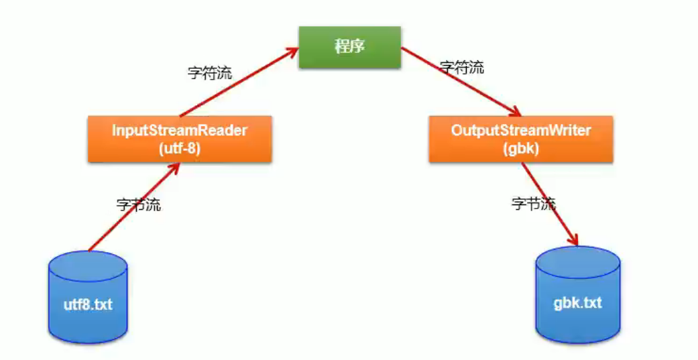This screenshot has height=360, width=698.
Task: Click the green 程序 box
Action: pyautogui.click(x=349, y=47)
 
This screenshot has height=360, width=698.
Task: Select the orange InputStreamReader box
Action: pyautogui.click(x=179, y=139)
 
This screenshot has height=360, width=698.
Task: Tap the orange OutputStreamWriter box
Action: pyautogui.click(x=520, y=139)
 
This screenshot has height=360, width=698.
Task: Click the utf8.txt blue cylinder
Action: pyautogui.click(x=88, y=297)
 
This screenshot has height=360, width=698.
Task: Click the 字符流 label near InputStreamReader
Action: pyautogui.click(x=210, y=73)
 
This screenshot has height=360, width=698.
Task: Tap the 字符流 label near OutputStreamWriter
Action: pyautogui.click(x=461, y=67)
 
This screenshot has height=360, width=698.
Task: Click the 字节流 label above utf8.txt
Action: pyautogui.click(x=139, y=205)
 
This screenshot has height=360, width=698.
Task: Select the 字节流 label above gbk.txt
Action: pyautogui.click(x=534, y=204)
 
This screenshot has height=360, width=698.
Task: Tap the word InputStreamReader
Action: pyautogui.click(x=179, y=131)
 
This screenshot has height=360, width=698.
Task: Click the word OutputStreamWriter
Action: pyautogui.click(x=520, y=130)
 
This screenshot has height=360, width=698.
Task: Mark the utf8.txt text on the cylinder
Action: pyautogui.click(x=88, y=305)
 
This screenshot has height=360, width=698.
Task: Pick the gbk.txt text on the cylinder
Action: pyautogui.click(x=577, y=302)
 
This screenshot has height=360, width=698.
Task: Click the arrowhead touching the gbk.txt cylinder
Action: pyautogui.click(x=573, y=240)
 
